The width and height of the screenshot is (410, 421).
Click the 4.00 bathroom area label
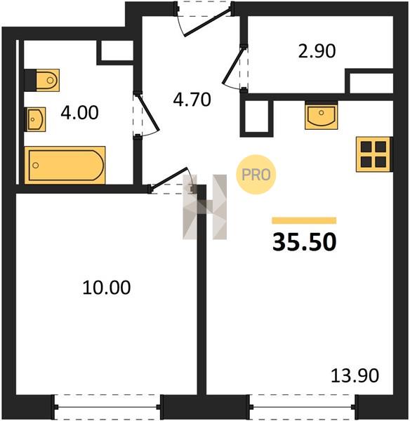79,113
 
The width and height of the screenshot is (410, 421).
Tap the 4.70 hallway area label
192,100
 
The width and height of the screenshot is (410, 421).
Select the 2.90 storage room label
317,51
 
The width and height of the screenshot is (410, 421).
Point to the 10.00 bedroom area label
107,288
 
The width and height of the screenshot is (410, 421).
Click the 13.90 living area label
355,375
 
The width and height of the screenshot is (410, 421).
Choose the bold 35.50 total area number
304,242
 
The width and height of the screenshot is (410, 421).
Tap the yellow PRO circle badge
256,175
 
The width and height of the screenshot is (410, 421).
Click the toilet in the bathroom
48,80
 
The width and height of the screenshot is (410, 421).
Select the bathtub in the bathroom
65,165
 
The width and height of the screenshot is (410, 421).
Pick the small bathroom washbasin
37,119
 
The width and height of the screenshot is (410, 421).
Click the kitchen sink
321,116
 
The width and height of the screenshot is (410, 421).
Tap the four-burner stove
373,154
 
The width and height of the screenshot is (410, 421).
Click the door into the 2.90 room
234,65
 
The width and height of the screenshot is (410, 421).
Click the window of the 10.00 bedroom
107,407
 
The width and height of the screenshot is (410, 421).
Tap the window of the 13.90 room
303,407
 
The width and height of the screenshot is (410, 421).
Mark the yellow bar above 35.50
304,220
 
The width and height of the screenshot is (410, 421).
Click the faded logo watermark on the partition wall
205,207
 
